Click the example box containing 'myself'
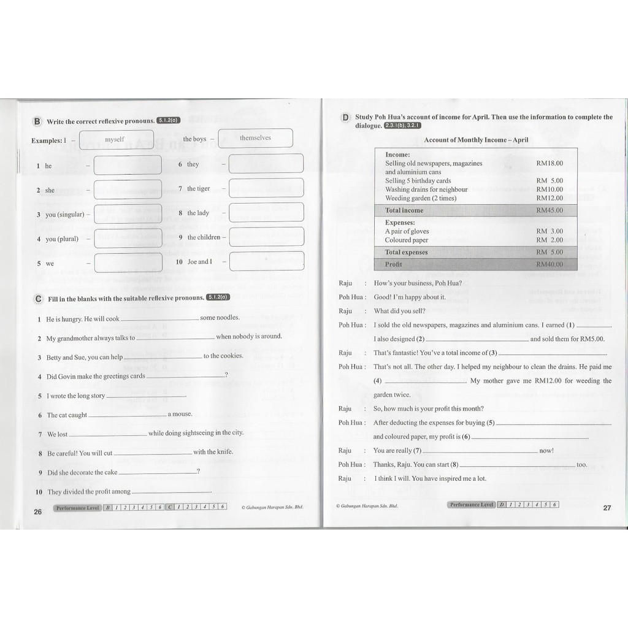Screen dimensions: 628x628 114,140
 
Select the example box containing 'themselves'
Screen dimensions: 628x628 255,139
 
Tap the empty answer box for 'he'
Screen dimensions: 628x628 128,165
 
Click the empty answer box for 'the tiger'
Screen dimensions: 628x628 266,188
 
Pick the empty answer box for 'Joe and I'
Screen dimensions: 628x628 266,261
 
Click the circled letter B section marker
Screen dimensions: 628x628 37,121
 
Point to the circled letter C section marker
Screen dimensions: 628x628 38,298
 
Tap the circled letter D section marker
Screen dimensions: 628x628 346,117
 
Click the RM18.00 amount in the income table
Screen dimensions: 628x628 549,163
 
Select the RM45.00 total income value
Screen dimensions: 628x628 549,210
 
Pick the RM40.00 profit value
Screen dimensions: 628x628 549,264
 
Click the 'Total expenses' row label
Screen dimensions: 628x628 406,252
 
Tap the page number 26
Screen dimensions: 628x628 37,511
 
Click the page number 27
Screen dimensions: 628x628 607,508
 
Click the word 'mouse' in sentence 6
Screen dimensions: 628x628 183,414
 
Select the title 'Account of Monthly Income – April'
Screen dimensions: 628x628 476,140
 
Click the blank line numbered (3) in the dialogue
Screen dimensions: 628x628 552,354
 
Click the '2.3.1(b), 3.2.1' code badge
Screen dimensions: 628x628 403,126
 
